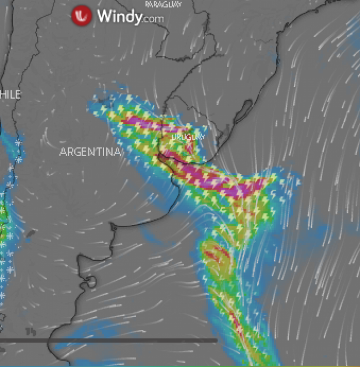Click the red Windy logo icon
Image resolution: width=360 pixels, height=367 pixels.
click(81, 16)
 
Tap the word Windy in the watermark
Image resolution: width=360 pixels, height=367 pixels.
click(118, 17)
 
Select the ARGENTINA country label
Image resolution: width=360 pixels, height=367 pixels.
click(89, 152)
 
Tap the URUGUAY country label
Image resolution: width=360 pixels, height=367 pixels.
click(188, 136)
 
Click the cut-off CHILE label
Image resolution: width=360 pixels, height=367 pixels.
click(10, 95)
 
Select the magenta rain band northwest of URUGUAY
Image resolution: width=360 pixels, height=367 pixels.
click(141, 123)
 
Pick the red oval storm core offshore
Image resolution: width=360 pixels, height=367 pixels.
click(215, 254)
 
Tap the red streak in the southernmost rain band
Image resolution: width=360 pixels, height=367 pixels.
click(235, 322)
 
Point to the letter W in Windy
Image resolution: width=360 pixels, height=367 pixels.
click(104, 17)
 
